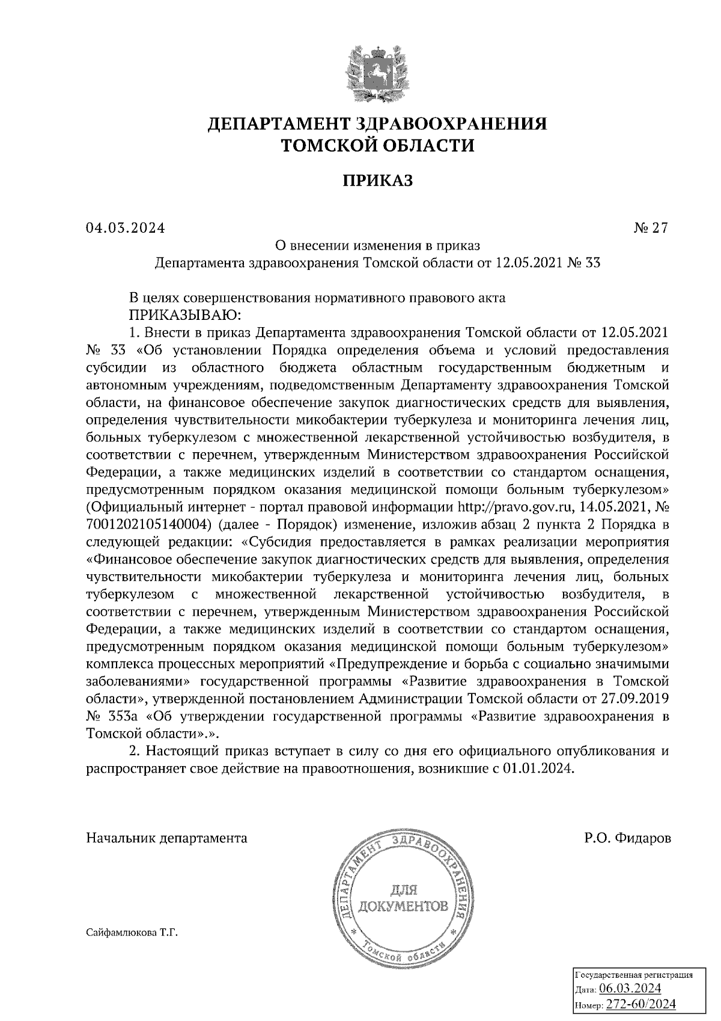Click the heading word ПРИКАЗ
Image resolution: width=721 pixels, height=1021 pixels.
click(x=377, y=180)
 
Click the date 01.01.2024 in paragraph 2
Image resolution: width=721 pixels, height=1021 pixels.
click(x=537, y=769)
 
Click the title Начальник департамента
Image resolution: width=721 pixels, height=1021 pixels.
click(x=166, y=838)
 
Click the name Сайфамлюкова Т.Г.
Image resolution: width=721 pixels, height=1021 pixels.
click(x=133, y=933)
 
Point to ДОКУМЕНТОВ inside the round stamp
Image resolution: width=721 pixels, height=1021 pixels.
click(x=403, y=906)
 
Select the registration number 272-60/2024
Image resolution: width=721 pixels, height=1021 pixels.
click(x=640, y=1004)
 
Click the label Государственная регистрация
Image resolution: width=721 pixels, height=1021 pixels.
click(x=634, y=975)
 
